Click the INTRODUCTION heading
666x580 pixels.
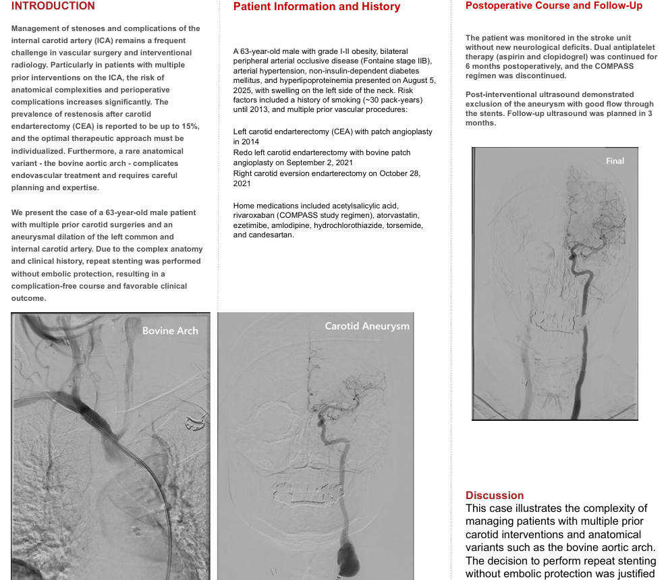pos(53,6)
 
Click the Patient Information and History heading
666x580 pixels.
pos(316,7)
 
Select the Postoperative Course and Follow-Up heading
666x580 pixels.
pos(554,5)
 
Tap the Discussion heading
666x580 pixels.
pos(495,495)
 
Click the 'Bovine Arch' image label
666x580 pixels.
pos(170,330)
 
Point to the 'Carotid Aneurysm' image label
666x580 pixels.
pos(367,326)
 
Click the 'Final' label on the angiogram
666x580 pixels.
pos(615,161)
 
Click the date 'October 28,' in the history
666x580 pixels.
pos(396,173)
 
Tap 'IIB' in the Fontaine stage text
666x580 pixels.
pos(422,61)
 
